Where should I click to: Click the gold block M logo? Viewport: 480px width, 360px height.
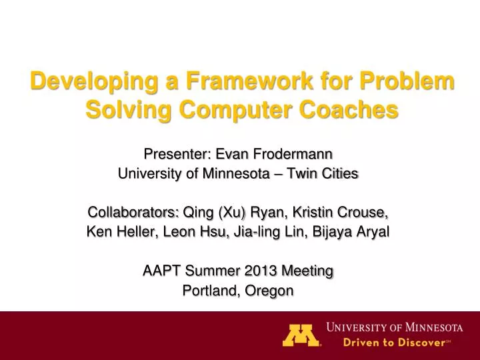(301, 335)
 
